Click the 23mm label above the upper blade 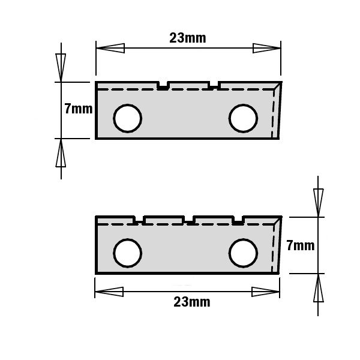point(188,38)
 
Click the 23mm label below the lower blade point(192,302)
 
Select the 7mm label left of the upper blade point(78,109)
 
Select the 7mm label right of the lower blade point(301,245)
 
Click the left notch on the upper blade point(163,85)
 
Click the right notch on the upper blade point(214,85)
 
